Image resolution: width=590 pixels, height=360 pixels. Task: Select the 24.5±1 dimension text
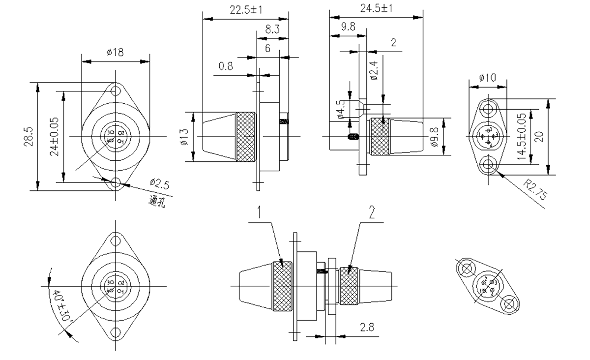point(376,8)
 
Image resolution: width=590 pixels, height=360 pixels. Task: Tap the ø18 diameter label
point(115,53)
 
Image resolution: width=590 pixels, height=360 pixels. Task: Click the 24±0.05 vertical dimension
point(54,136)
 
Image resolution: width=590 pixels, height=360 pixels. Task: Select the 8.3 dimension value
point(272,30)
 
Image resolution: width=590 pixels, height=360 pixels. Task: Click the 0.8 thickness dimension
point(226,65)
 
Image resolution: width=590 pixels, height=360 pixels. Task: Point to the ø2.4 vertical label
point(374,72)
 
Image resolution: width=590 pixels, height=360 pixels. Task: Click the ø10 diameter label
point(487,78)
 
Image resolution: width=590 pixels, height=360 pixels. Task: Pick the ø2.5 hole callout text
point(160,185)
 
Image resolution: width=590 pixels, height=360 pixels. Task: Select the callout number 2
point(372,212)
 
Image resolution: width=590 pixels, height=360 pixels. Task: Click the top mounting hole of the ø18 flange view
point(116,91)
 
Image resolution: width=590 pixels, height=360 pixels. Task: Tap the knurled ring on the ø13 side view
point(246,137)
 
